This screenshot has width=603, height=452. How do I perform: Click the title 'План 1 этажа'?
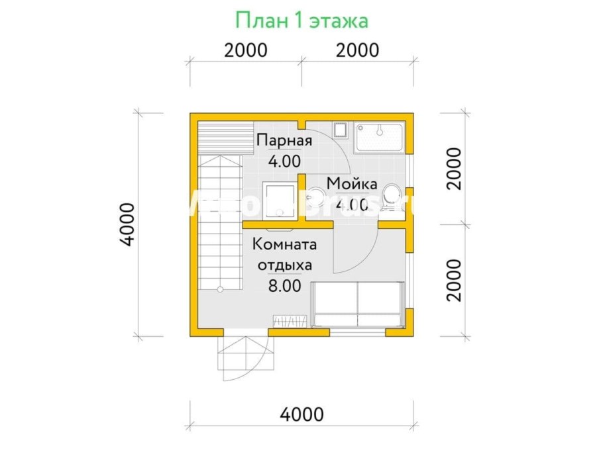pyautogui.click(x=301, y=20)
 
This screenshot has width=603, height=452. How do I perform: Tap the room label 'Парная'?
pyautogui.click(x=284, y=140)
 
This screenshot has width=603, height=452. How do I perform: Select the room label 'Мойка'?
pyautogui.click(x=352, y=183)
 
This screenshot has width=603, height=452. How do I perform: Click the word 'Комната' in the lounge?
pyautogui.click(x=284, y=244)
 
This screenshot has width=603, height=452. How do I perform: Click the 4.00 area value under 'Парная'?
pyautogui.click(x=284, y=160)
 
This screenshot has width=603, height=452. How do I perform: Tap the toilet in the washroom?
pyautogui.click(x=391, y=198)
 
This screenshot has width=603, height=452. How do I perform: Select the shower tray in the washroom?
pyautogui.click(x=380, y=138)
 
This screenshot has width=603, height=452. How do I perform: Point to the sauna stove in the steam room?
pyautogui.click(x=279, y=199)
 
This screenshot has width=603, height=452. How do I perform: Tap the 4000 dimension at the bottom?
pyautogui.click(x=301, y=415)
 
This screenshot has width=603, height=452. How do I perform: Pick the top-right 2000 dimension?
pyautogui.click(x=358, y=50)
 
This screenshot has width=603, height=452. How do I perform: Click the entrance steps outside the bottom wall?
pyautogui.click(x=243, y=357)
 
